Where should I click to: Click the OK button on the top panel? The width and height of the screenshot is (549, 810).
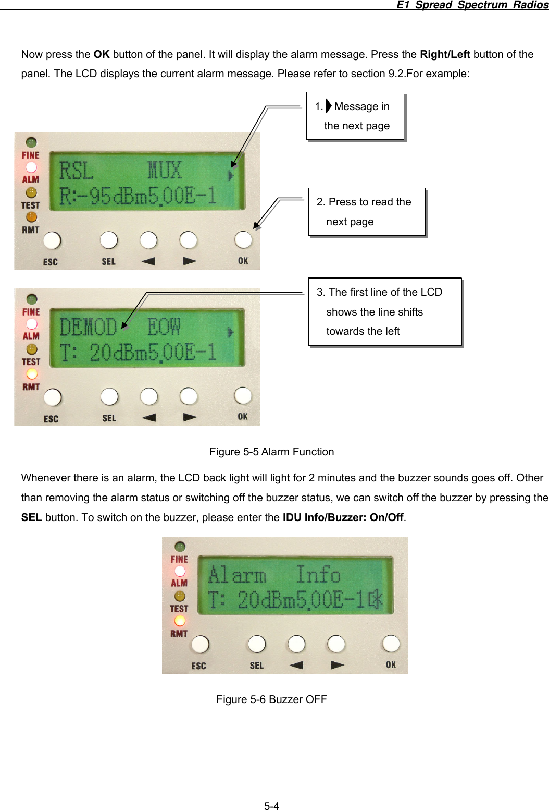coord(243,240)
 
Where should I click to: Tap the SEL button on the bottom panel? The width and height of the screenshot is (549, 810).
coord(257,644)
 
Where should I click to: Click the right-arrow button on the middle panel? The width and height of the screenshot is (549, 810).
coord(189,396)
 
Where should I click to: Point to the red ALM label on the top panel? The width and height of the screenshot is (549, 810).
coord(31,179)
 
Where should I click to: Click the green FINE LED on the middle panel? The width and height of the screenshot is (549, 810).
coord(32,299)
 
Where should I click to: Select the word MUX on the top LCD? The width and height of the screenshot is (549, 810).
coord(165,171)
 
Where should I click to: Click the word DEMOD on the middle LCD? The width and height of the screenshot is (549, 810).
coord(88,328)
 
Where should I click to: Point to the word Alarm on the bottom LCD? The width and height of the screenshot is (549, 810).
coord(237,575)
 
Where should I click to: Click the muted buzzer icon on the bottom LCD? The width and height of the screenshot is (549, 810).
coord(376,600)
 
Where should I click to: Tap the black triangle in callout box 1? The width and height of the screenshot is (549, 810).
coord(329,106)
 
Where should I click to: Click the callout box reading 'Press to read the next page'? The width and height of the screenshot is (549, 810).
coord(367,212)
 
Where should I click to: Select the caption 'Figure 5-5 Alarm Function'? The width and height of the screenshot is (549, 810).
coord(271,452)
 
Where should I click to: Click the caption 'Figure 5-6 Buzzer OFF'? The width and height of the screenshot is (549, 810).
coord(271,699)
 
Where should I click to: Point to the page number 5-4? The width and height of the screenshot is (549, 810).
coord(271,806)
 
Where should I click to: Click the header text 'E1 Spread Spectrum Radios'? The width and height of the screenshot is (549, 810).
coord(472,5)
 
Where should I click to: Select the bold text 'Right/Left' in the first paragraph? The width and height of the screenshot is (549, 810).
coord(445,54)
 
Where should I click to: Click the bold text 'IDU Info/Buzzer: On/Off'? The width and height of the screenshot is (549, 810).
coord(343,517)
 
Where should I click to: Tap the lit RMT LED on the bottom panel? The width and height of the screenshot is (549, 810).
coord(180,621)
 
